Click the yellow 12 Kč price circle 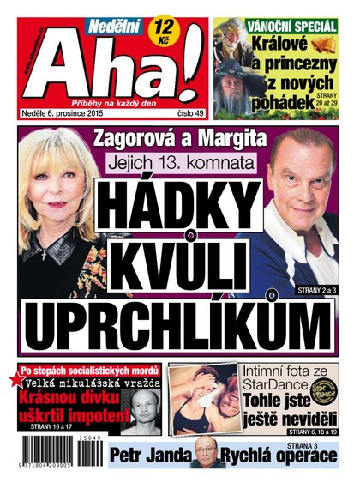click(x=159, y=32)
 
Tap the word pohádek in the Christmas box click(x=258, y=105)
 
